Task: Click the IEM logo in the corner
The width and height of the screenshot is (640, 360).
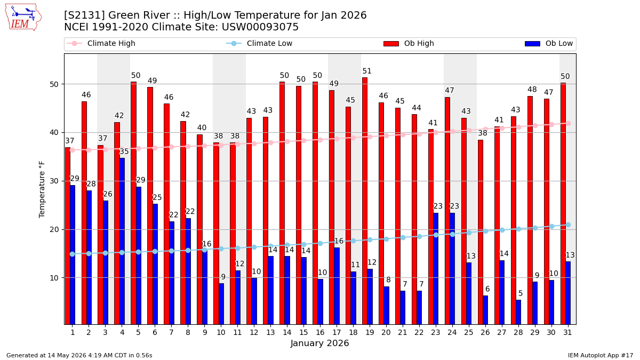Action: (23, 18)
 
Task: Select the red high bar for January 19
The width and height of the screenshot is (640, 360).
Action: (365, 201)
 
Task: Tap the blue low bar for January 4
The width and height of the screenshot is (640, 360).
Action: (122, 241)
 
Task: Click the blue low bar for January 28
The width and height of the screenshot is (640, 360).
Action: (518, 313)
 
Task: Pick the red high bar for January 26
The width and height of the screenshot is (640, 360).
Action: (481, 233)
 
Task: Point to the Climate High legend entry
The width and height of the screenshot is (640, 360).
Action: (101, 43)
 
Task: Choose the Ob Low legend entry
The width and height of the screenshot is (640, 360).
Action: (549, 43)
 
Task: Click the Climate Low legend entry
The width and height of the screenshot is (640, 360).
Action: (259, 43)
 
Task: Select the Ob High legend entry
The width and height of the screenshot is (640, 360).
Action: (409, 43)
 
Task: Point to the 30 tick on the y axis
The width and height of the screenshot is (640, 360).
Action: (54, 181)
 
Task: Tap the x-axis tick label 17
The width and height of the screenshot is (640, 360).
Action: (337, 333)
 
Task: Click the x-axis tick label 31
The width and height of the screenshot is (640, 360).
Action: (567, 333)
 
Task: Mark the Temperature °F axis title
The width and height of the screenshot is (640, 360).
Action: (42, 189)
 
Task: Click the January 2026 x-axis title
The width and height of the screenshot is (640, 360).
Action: (319, 343)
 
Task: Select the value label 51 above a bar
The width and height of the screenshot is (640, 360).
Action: (367, 71)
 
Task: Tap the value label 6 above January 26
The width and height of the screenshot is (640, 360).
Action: (487, 289)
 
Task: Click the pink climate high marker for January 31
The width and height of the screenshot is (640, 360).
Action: (569, 123)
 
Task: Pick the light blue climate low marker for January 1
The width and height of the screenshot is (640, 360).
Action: (73, 254)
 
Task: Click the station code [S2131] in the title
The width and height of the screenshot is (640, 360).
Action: (84, 15)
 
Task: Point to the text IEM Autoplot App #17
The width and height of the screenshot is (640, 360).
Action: (601, 355)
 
